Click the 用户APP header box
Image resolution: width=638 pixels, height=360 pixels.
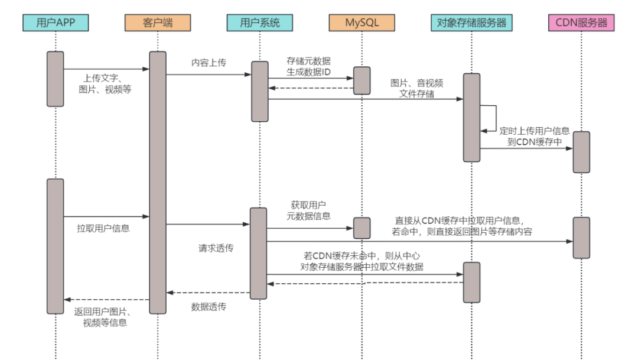(x=56, y=23)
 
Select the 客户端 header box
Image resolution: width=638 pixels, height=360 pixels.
(x=158, y=23)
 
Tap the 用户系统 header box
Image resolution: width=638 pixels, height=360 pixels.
(x=259, y=23)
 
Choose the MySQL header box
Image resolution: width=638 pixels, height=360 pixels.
(x=362, y=23)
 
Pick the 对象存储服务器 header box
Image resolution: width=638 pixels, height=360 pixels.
(x=471, y=23)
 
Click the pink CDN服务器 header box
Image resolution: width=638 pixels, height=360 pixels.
(x=581, y=23)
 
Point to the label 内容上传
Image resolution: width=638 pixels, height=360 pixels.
(x=209, y=63)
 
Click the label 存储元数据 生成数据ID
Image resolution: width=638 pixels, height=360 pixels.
(x=308, y=66)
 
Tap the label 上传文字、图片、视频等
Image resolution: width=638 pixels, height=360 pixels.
(x=105, y=84)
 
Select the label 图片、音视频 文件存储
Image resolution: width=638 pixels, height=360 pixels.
(x=416, y=88)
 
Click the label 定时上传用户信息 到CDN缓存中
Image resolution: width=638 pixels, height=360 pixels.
(x=534, y=137)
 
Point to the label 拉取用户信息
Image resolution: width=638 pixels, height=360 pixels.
(x=103, y=228)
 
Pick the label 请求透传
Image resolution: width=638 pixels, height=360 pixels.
(x=216, y=248)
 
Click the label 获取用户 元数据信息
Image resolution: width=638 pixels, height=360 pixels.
(x=308, y=210)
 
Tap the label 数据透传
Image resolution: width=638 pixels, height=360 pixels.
(x=209, y=307)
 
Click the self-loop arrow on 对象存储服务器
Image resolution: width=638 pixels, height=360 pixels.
(x=496, y=118)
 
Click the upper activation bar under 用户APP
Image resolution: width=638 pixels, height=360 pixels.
(x=56, y=79)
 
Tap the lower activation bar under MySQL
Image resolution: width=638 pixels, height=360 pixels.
(x=362, y=228)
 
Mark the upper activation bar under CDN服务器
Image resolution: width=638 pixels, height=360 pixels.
(x=581, y=152)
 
